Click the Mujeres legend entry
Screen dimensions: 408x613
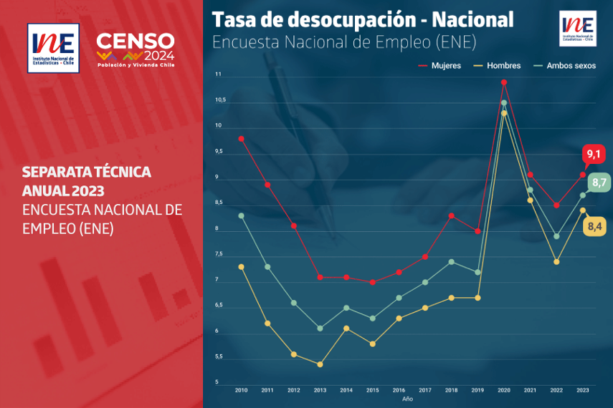tap(439, 66)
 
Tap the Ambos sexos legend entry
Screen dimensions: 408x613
tap(564, 66)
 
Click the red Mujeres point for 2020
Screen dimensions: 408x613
tap(504, 82)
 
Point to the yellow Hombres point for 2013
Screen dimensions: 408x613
tap(320, 364)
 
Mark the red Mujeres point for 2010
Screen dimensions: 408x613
tap(241, 138)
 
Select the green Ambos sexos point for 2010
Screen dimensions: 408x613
tap(241, 215)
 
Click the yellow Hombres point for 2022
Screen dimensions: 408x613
tap(556, 262)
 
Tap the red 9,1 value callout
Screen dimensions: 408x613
tap(594, 154)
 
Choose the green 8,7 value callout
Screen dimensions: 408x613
tap(599, 182)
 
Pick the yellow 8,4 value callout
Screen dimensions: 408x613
tap(594, 227)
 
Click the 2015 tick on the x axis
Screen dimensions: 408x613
tap(373, 390)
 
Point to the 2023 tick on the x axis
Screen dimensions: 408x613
tap(583, 390)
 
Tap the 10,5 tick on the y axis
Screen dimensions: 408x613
tap(219, 100)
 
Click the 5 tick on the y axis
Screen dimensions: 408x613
tap(217, 382)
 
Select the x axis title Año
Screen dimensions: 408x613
tap(407, 399)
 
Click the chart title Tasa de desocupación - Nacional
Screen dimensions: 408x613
tap(363, 20)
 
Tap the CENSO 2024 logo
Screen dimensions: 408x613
tap(136, 49)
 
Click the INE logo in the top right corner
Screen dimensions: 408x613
tap(578, 29)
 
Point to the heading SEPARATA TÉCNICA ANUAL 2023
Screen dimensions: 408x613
tap(86, 182)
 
